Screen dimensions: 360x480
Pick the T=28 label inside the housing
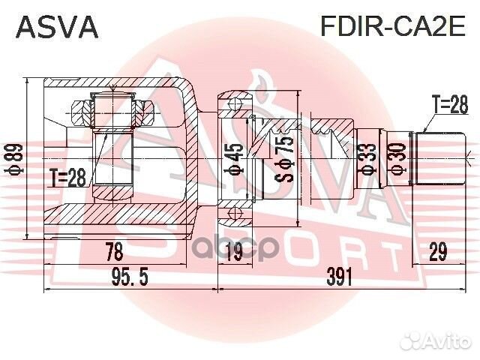68,177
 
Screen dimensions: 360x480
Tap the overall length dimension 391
339,277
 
